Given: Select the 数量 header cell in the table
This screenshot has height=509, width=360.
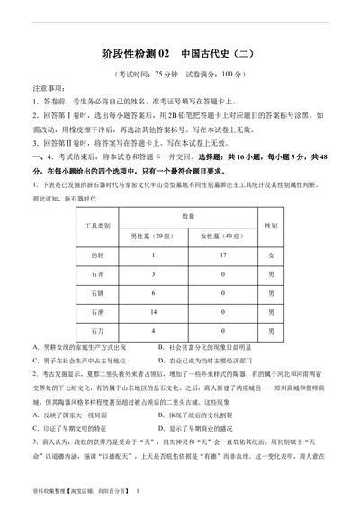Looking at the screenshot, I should click(188, 216).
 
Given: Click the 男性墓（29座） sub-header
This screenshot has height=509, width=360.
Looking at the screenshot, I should click(153, 236).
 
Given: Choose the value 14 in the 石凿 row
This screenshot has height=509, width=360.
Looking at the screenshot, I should click(153, 311).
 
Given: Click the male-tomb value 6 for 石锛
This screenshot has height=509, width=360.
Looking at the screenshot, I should click(153, 292).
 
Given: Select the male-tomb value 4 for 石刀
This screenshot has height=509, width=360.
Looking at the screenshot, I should click(153, 330).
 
